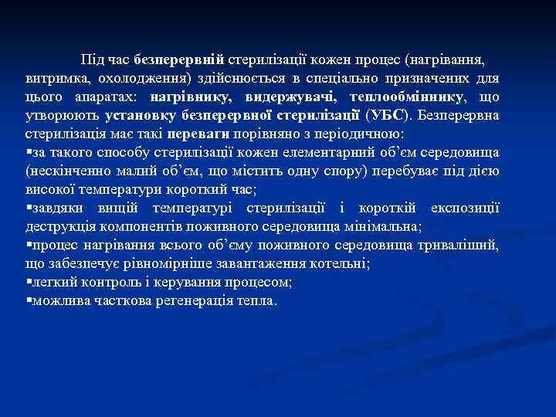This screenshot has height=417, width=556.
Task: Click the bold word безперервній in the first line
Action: point(178,59)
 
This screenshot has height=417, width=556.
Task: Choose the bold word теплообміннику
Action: point(407,97)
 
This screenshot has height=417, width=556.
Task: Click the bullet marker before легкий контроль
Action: point(29,283)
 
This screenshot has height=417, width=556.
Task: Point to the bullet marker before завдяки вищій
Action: point(29,208)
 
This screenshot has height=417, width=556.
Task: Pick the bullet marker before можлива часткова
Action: point(29,301)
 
